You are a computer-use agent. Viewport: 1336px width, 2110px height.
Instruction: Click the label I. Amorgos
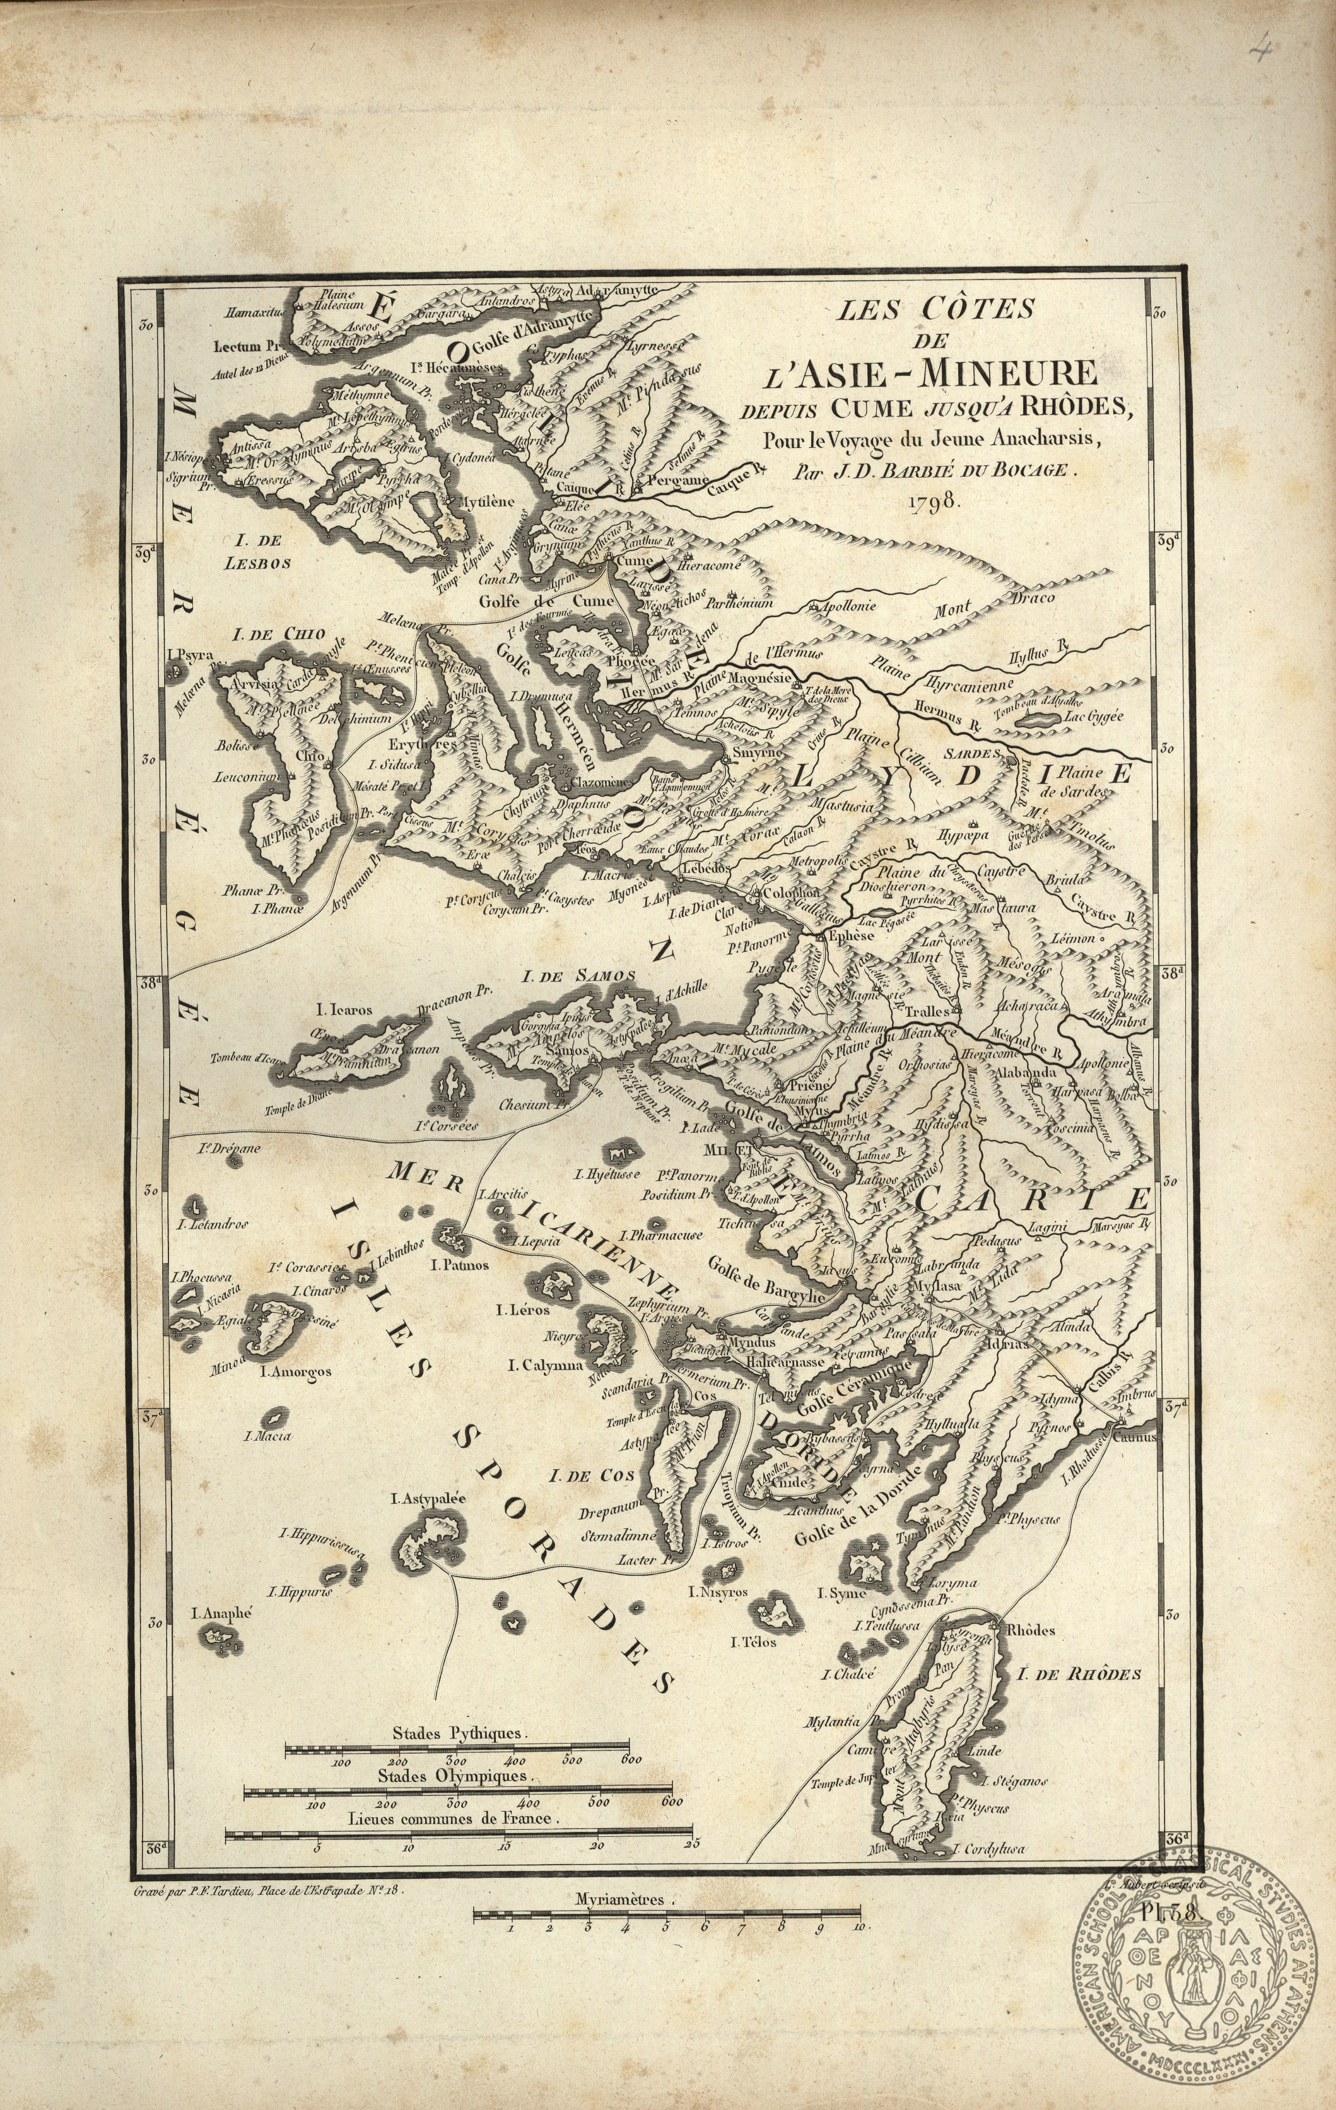pos(297,1371)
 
